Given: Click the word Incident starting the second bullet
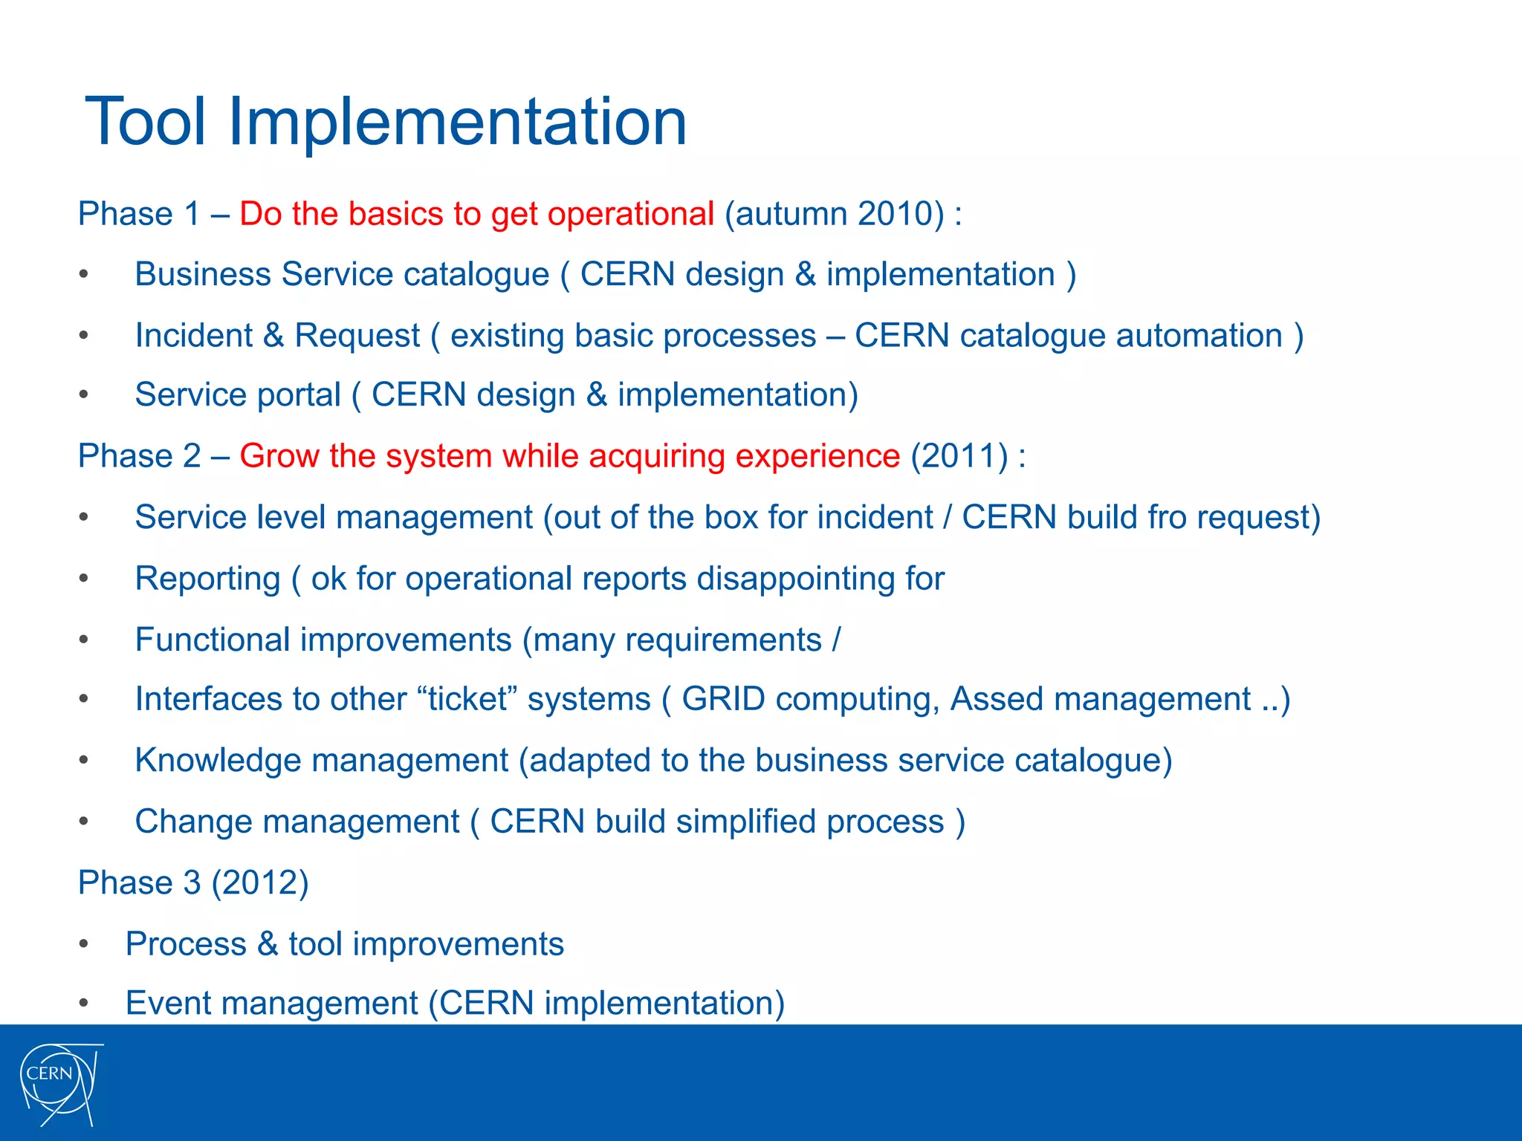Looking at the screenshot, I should click(x=193, y=336).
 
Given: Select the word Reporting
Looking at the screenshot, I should click(x=207, y=579).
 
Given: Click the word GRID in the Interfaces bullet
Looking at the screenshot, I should click(x=722, y=699).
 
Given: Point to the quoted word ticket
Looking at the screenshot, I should click(x=467, y=699).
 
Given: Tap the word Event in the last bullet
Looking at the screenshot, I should click(x=168, y=1003).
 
